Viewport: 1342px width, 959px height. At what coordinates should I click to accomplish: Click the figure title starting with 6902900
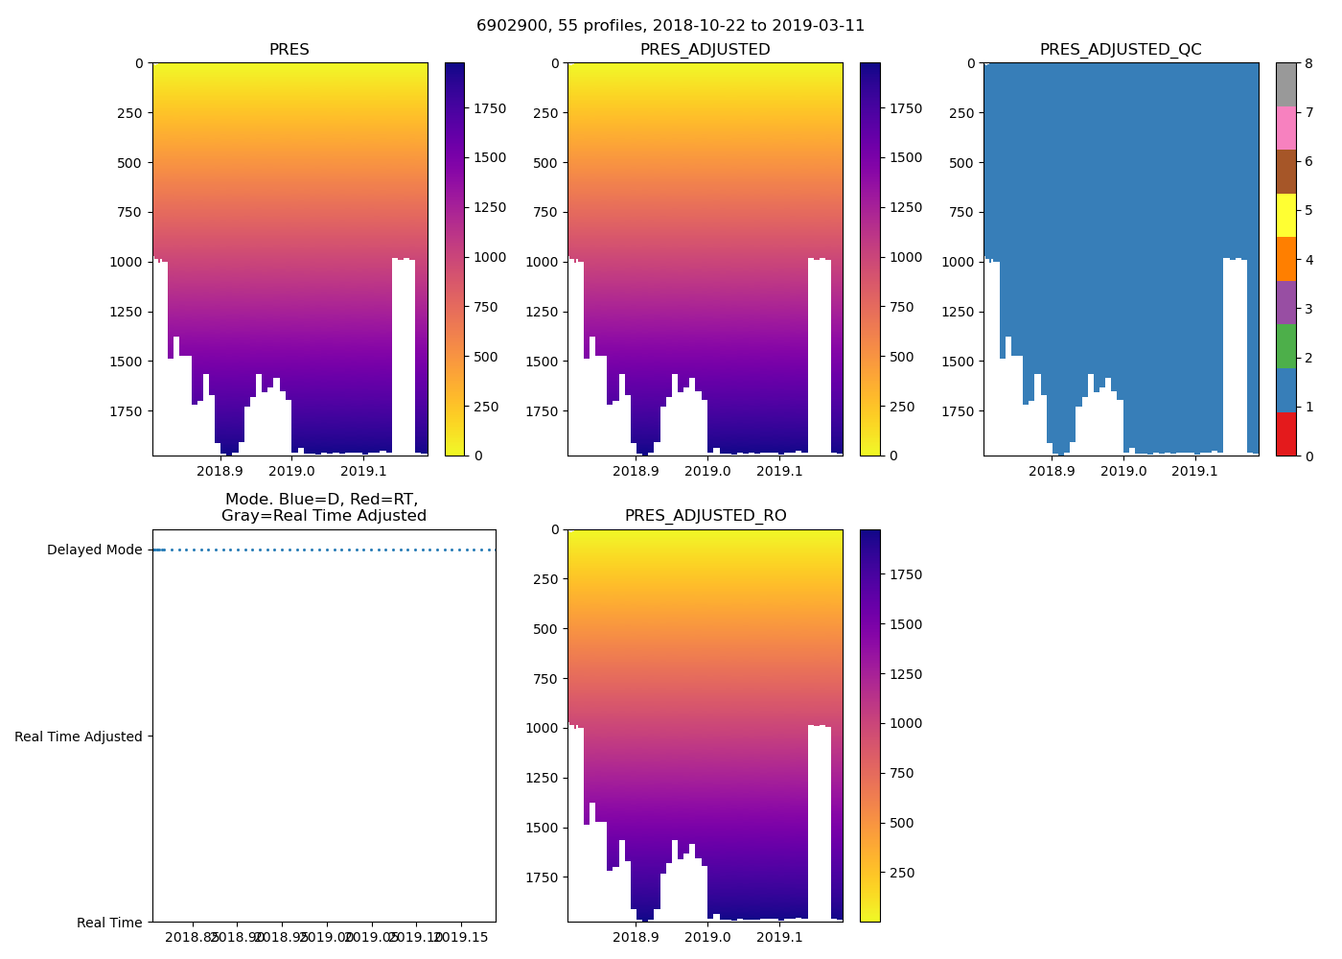pyautogui.click(x=670, y=26)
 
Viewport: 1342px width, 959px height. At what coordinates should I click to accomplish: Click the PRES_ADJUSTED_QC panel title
pyautogui.click(x=1121, y=50)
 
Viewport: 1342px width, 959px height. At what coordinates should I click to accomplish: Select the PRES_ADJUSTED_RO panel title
pyautogui.click(x=706, y=516)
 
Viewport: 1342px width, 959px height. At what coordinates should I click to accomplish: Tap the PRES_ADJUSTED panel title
pyautogui.click(x=705, y=50)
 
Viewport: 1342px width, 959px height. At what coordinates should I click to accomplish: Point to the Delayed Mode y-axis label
pyautogui.click(x=94, y=550)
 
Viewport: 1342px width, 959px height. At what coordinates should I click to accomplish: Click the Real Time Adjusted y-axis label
pyautogui.click(x=79, y=737)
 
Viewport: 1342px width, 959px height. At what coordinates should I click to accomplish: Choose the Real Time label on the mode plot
pyautogui.click(x=109, y=923)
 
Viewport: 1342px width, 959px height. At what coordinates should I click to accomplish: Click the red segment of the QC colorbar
pyautogui.click(x=1285, y=434)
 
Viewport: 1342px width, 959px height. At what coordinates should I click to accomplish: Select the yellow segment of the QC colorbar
pyautogui.click(x=1285, y=216)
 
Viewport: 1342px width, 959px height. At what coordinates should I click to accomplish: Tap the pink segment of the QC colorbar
pyautogui.click(x=1285, y=129)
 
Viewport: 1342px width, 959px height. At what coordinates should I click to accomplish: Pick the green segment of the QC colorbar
pyautogui.click(x=1285, y=346)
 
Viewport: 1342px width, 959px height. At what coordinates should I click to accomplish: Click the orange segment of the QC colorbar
pyautogui.click(x=1285, y=259)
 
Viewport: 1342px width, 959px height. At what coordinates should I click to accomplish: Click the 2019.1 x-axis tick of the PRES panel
pyautogui.click(x=363, y=471)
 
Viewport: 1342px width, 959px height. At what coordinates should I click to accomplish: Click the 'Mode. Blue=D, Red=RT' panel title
pyautogui.click(x=323, y=507)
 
